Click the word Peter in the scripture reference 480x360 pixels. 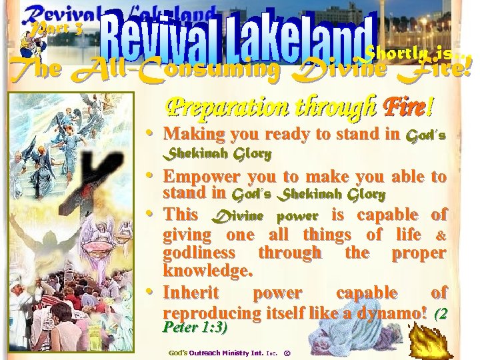pyautogui.click(x=182, y=327)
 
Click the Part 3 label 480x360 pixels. pyautogui.click(x=50, y=29)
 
